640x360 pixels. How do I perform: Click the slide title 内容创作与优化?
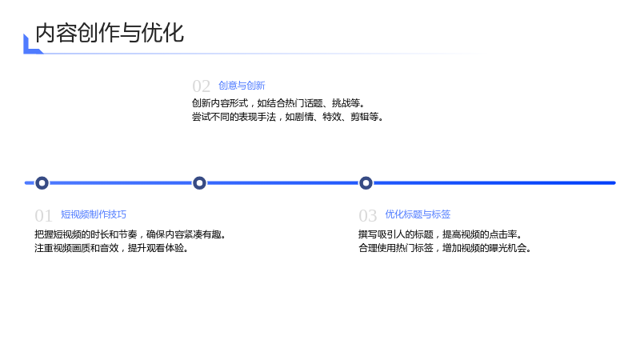click(x=110, y=33)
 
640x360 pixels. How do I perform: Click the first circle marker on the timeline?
click(x=42, y=183)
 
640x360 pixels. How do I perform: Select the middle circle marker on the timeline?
click(x=199, y=183)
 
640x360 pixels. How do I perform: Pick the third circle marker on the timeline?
click(x=366, y=183)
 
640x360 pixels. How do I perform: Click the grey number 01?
click(x=43, y=215)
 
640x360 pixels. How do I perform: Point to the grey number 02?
click(x=202, y=86)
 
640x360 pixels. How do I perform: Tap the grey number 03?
click(x=367, y=215)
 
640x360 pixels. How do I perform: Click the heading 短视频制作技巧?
click(x=94, y=214)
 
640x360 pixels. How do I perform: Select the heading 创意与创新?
click(x=242, y=86)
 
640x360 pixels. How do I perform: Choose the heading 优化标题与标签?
click(x=418, y=214)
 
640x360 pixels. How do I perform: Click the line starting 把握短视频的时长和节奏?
click(x=130, y=234)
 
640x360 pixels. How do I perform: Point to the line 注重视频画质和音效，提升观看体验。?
click(x=111, y=248)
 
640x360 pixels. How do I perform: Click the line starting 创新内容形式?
click(x=278, y=103)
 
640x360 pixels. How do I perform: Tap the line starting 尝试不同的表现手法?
click(x=288, y=117)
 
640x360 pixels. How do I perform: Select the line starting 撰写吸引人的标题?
click(x=441, y=234)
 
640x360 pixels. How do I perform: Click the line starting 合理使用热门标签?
click(x=445, y=248)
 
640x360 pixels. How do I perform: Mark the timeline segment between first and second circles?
click(x=121, y=183)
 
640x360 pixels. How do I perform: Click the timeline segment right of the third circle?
click(x=494, y=183)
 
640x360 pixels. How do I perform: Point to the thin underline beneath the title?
click(x=262, y=54)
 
